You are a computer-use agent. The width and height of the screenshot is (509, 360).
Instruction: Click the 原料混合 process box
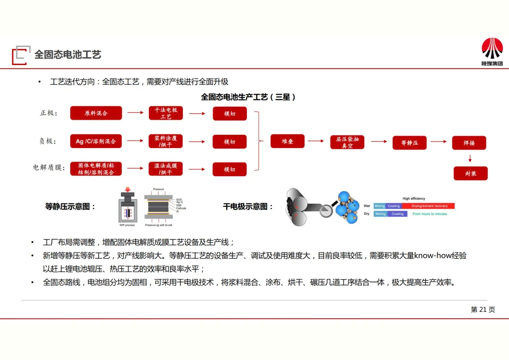coord(96,113)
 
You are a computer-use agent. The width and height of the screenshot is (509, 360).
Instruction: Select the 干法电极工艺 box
coord(166,113)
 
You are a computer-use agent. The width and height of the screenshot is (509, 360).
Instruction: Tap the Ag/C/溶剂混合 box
coord(96,141)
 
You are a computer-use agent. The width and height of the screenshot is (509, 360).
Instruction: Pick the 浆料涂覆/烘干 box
coord(166,141)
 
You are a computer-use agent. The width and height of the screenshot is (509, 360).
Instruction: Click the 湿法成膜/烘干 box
coord(166,169)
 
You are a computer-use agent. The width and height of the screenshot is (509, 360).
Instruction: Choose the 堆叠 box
coord(287,141)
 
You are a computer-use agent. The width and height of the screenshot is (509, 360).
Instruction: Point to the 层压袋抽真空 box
coord(347,142)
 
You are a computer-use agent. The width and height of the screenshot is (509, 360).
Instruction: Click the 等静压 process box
coord(410,142)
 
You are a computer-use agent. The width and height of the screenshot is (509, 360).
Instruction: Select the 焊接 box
coord(469,142)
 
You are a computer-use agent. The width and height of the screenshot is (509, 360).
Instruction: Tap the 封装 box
coord(470,173)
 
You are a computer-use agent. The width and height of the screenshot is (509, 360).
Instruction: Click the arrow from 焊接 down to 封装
coord(469,158)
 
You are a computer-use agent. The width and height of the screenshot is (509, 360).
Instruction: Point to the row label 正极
coord(49,113)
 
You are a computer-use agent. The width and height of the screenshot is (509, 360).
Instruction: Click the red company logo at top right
coord(492,49)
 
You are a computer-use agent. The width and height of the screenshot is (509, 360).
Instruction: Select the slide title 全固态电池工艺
coord(68,55)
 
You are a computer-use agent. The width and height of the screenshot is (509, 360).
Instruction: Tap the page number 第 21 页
coord(483,310)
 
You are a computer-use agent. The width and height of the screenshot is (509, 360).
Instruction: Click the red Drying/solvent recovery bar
coord(429,206)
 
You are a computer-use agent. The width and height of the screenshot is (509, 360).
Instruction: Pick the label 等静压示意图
coord(70,206)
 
